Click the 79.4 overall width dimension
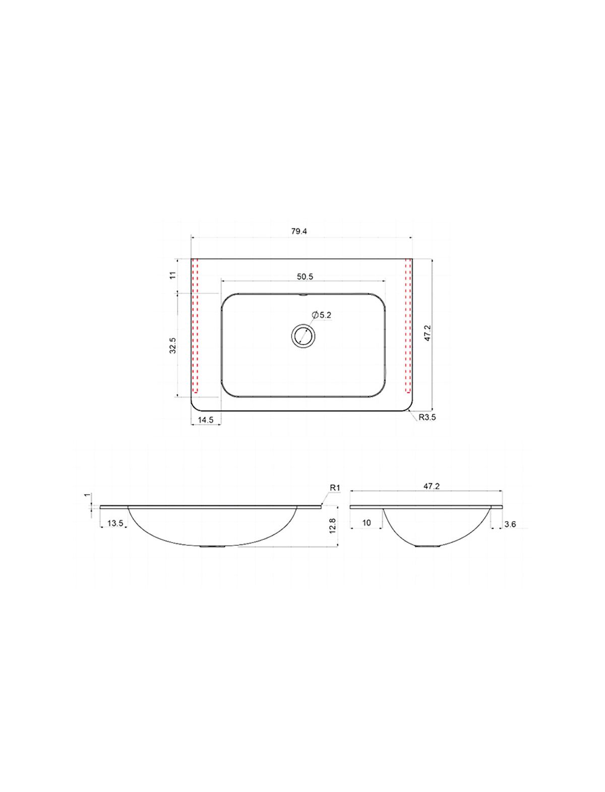(299, 232)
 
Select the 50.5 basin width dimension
(305, 277)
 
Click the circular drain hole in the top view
(303, 335)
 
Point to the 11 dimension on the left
(173, 275)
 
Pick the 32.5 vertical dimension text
(173, 346)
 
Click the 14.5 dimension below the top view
(206, 420)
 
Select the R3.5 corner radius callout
(427, 418)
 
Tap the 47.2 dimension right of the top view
(428, 333)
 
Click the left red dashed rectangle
(195, 325)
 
